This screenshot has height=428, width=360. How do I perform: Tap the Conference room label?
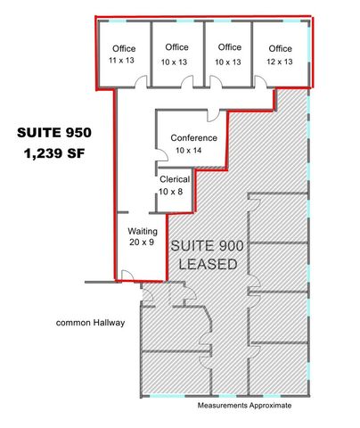coord(193,138)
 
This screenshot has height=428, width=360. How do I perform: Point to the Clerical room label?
coord(174,179)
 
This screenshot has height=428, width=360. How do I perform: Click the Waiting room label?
coord(142,231)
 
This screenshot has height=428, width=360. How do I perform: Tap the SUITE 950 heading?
coord(54,133)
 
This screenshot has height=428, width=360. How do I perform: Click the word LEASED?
coord(208,264)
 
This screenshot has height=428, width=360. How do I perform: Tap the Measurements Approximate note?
coord(243,406)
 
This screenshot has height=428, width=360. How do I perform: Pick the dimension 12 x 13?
coord(280,62)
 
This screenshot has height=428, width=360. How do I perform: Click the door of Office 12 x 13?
coord(261,82)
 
